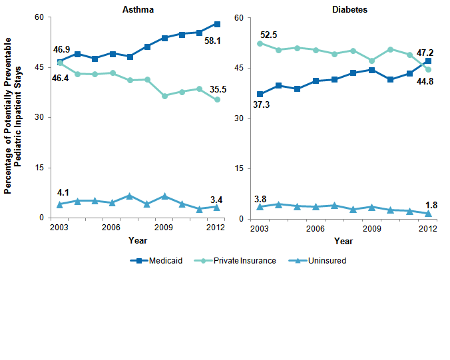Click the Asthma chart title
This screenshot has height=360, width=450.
coord(138,9)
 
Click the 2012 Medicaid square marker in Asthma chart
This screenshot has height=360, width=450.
coord(217,24)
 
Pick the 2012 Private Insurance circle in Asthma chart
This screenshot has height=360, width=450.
coord(217,100)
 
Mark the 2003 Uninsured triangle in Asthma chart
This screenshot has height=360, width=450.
coord(60,204)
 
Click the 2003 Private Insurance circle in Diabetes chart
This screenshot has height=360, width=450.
coord(260,43)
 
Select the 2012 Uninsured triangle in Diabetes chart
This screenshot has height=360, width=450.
coord(428,213)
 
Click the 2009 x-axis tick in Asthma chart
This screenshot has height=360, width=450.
coord(164,228)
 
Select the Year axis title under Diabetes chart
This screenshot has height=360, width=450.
coord(343,241)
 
